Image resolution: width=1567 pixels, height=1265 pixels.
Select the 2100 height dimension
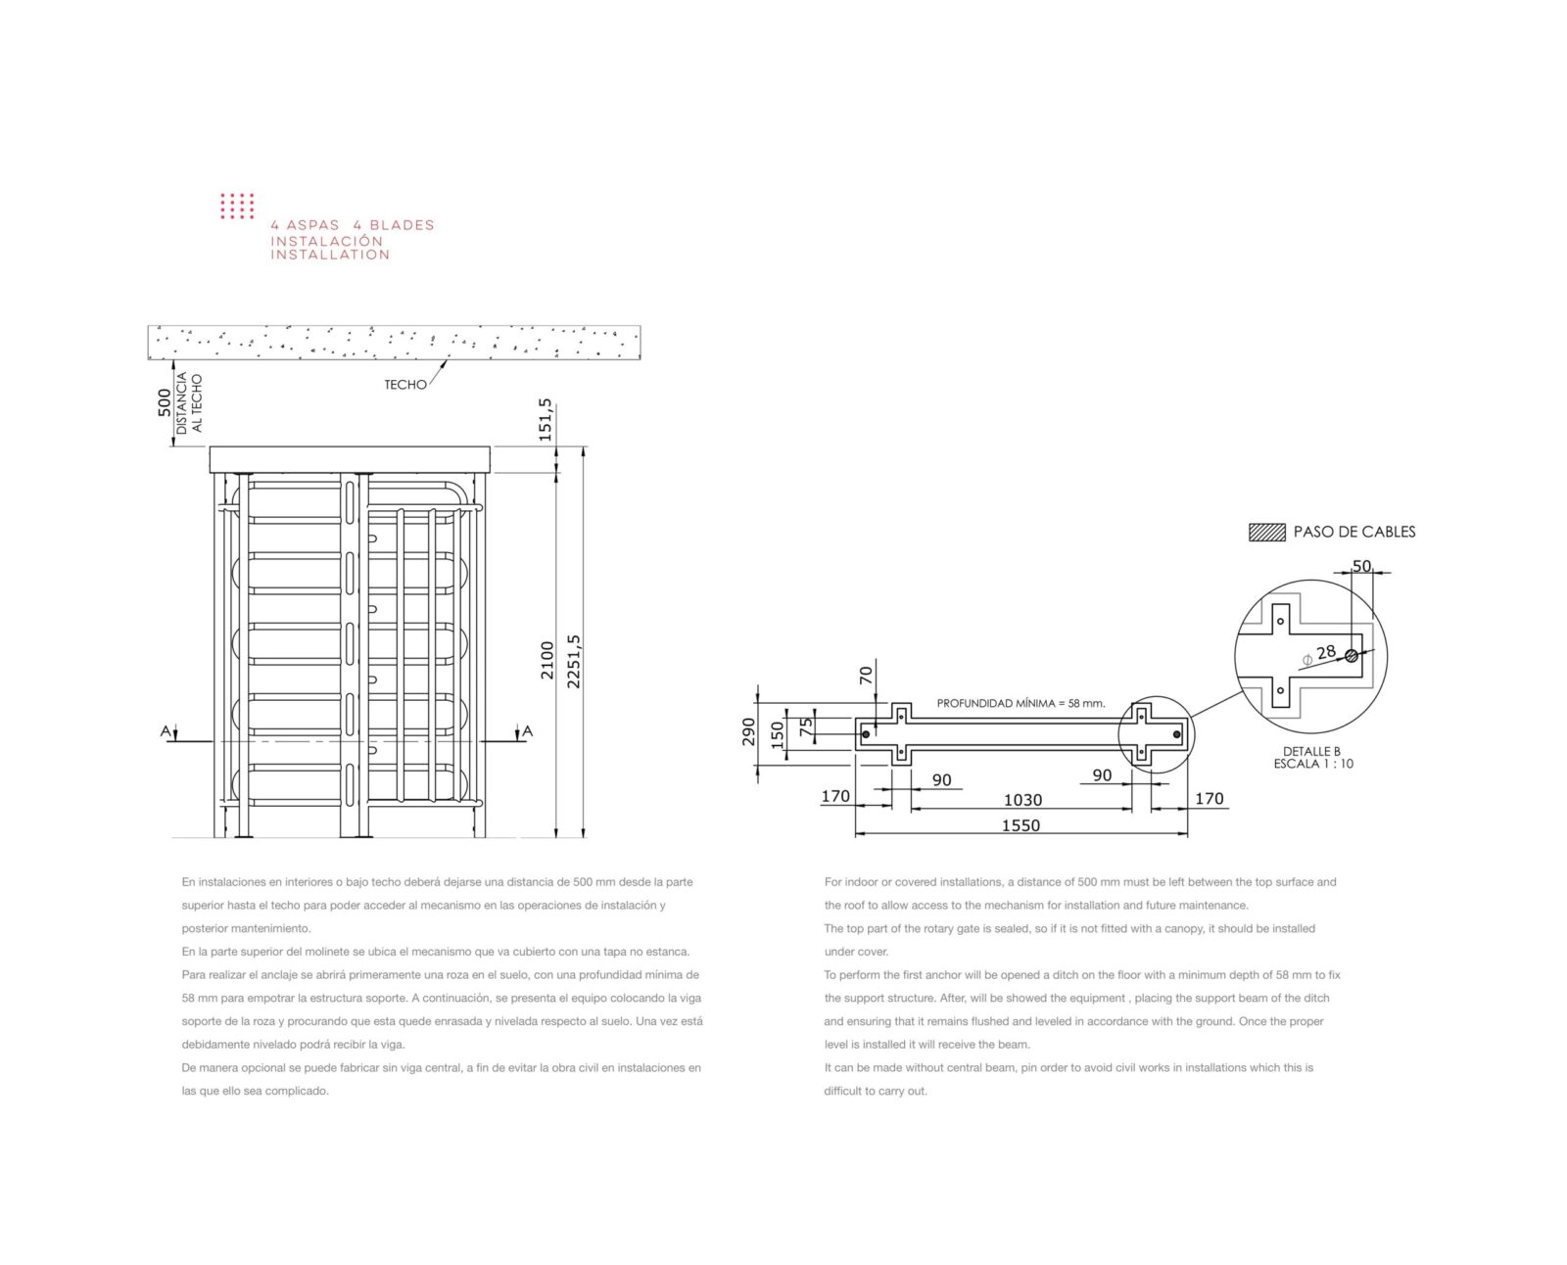546,660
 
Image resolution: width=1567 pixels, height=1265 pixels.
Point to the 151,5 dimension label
545,420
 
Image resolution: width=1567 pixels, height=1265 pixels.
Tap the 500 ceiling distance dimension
165,402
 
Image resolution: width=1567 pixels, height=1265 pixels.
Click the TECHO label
404,385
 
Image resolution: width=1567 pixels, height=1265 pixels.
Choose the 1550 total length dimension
1021,825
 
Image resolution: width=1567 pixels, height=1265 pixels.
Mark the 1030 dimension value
1022,800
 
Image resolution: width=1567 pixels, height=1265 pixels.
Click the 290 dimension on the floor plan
748,731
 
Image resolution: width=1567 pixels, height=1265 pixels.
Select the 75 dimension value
806,726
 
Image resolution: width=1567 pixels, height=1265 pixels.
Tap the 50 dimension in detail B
1361,566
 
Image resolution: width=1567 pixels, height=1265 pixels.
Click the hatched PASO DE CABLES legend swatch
1267,532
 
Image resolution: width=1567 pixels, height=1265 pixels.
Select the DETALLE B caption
1311,751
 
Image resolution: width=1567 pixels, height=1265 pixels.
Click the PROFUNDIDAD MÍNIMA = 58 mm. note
1021,703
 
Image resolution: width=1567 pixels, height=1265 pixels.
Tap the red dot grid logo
237,206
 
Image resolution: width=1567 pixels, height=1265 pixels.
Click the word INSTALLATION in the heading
330,256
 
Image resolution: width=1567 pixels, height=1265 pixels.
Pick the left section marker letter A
165,731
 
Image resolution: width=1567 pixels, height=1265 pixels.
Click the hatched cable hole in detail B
1352,656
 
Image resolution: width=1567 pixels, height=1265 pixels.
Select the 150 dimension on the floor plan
777,734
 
